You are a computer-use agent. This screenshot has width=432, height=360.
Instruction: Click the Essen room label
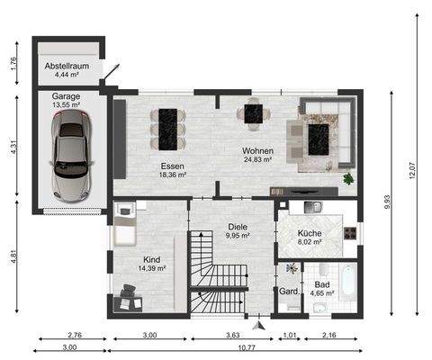click(173, 166)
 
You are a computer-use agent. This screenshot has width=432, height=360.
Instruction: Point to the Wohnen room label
click(258, 151)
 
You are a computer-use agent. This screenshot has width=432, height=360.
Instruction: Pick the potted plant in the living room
click(348, 179)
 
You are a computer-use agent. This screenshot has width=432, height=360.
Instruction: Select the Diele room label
click(238, 228)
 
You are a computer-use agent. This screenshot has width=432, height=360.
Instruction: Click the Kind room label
click(151, 258)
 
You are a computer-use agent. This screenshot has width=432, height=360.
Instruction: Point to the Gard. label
click(289, 292)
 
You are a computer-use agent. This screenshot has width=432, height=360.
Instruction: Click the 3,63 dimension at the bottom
click(232, 335)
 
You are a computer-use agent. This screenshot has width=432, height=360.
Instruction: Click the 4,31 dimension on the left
click(14, 148)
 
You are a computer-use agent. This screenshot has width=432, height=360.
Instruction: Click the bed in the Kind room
click(123, 225)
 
